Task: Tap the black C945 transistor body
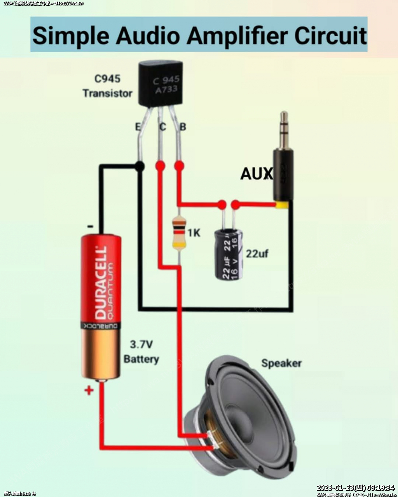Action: (160, 85)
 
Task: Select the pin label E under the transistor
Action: (138, 127)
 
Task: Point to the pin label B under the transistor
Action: (183, 127)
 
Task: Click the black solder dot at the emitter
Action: (139, 167)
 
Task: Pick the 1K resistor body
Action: (179, 233)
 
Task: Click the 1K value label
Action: (194, 233)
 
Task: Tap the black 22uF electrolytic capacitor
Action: (229, 254)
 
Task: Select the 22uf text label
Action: (257, 254)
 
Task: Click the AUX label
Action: (256, 174)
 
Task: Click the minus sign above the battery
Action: (90, 226)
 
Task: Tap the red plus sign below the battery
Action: (89, 390)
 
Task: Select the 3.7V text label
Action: (141, 344)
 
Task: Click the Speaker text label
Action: (281, 363)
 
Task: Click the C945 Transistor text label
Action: (108, 86)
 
